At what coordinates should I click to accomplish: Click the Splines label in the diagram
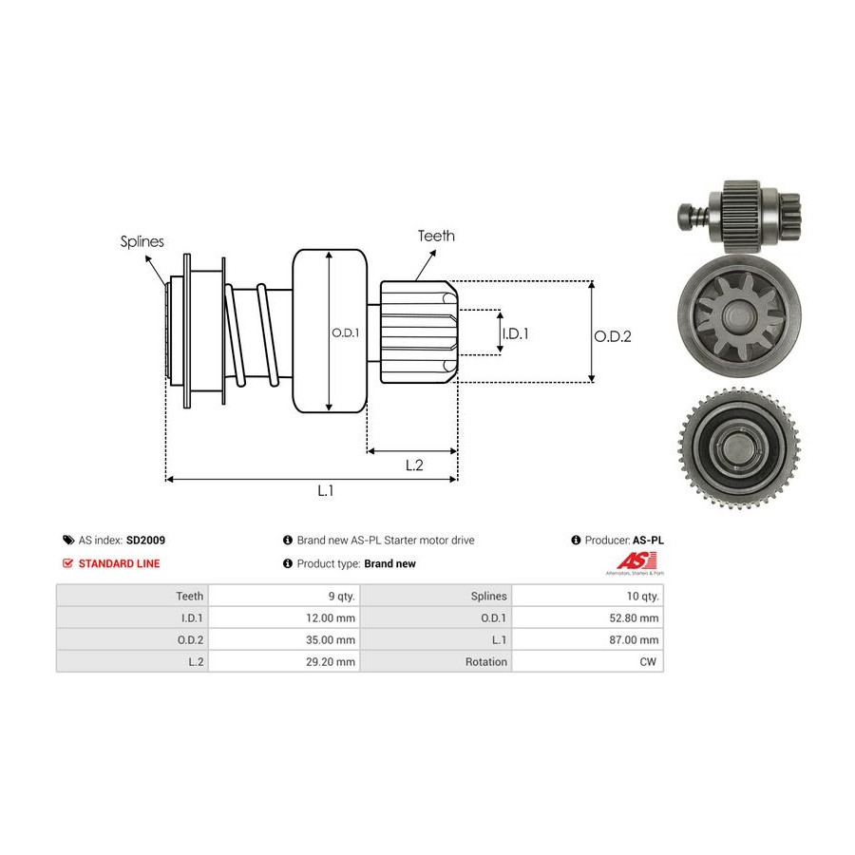point(142,241)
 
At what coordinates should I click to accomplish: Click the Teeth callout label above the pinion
point(436,236)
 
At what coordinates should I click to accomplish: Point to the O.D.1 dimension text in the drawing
point(345,332)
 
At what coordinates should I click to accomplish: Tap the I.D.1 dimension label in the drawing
point(515,333)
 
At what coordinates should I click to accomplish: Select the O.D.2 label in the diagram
point(613,335)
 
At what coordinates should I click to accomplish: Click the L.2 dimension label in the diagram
point(414,465)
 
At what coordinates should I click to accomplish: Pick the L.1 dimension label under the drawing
point(326,490)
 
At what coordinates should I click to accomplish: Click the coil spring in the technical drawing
point(252,337)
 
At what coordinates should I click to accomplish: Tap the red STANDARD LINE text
point(119,563)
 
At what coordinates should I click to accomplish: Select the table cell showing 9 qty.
point(341,596)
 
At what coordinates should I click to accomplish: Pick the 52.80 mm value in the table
point(632,617)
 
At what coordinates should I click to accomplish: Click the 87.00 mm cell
point(632,639)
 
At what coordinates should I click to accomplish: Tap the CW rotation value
point(649,661)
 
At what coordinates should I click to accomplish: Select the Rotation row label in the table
point(485,661)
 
